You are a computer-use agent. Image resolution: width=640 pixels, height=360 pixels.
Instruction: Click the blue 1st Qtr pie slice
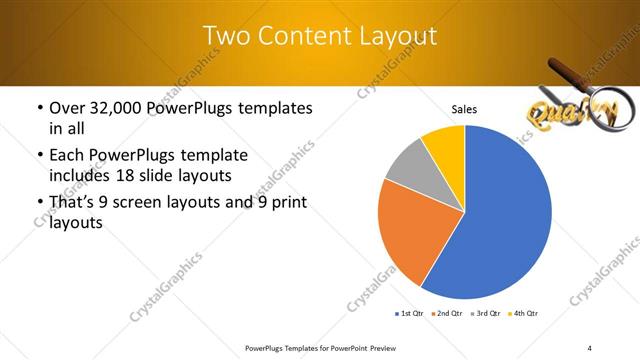click(500, 220)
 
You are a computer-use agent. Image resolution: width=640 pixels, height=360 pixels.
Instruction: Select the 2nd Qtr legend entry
click(445, 314)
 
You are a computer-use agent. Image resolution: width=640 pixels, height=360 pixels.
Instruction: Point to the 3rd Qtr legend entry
click(484, 314)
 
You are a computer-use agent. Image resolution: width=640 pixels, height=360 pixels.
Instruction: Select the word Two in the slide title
click(223, 36)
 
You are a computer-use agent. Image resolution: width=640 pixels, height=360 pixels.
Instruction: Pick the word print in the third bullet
click(285, 204)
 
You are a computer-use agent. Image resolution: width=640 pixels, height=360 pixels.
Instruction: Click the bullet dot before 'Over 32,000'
click(39, 108)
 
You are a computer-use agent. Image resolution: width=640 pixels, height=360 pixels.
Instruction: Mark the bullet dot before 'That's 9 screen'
click(39, 204)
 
